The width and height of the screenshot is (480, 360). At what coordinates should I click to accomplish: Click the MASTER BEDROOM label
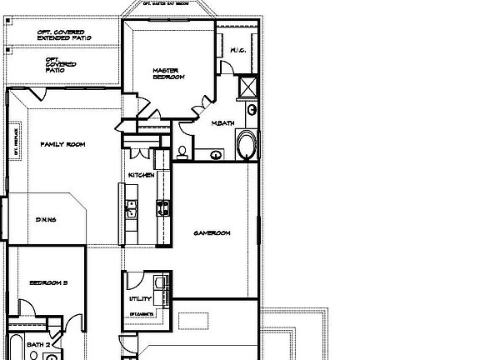pos(167,73)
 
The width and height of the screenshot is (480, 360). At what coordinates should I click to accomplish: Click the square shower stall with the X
pos(248,87)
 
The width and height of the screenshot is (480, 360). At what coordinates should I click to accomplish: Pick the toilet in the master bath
pos(181,151)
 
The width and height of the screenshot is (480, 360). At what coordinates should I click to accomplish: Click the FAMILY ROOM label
pos(63,144)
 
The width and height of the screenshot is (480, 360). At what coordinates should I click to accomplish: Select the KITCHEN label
pos(141,175)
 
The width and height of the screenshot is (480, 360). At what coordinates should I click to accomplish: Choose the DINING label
pos(45,220)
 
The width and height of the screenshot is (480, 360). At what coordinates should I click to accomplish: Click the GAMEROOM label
pos(212,232)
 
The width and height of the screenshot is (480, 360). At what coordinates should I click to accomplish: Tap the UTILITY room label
pos(139,297)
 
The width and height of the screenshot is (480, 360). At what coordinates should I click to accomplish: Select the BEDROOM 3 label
pos(48,283)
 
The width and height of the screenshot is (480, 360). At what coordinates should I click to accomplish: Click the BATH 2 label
pos(39,343)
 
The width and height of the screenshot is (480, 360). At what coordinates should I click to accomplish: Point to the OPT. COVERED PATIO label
pos(62,62)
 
